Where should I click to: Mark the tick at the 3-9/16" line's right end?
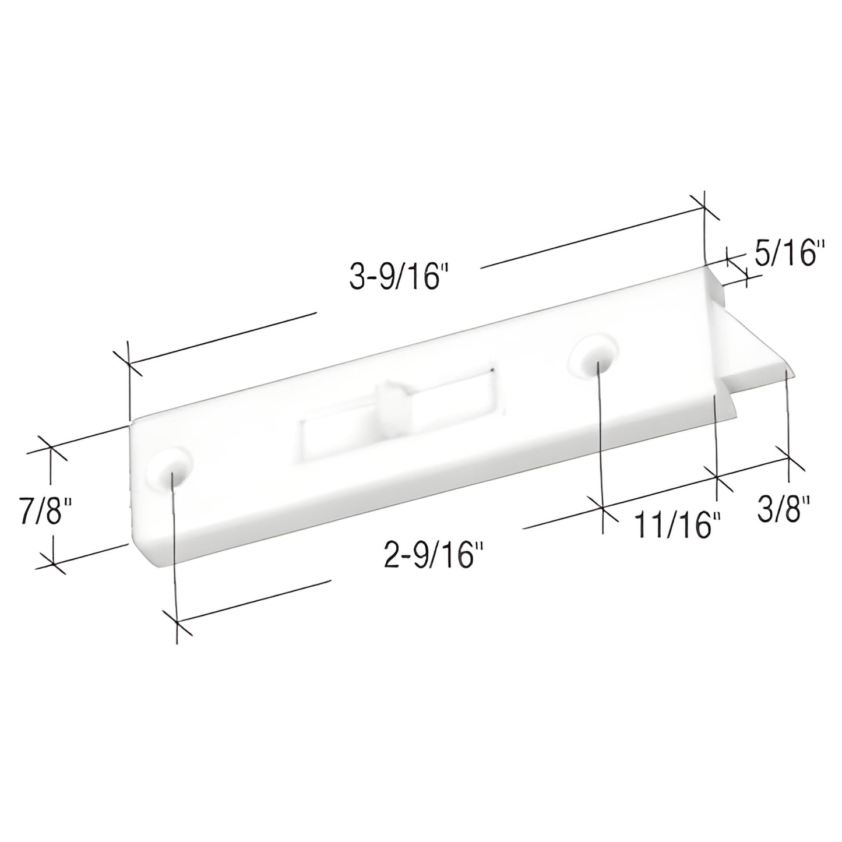(x=704, y=212)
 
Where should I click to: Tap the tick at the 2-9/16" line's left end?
(x=176, y=623)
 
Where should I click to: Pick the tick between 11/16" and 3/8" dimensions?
(x=716, y=478)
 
